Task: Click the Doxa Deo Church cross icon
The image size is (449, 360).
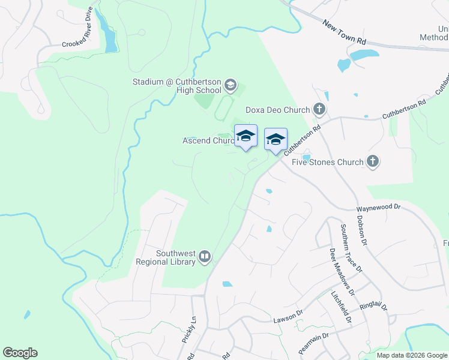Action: pos(319,109)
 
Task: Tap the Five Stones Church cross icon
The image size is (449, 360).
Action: pos(373,161)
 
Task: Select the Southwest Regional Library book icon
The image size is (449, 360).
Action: pos(205,257)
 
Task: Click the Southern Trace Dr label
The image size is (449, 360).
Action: pos(352,248)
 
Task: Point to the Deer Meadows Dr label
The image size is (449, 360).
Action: pos(339,268)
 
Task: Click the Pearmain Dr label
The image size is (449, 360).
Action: pos(313,343)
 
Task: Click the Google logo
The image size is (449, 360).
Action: pos(20,353)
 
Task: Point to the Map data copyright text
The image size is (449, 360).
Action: pos(412,355)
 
